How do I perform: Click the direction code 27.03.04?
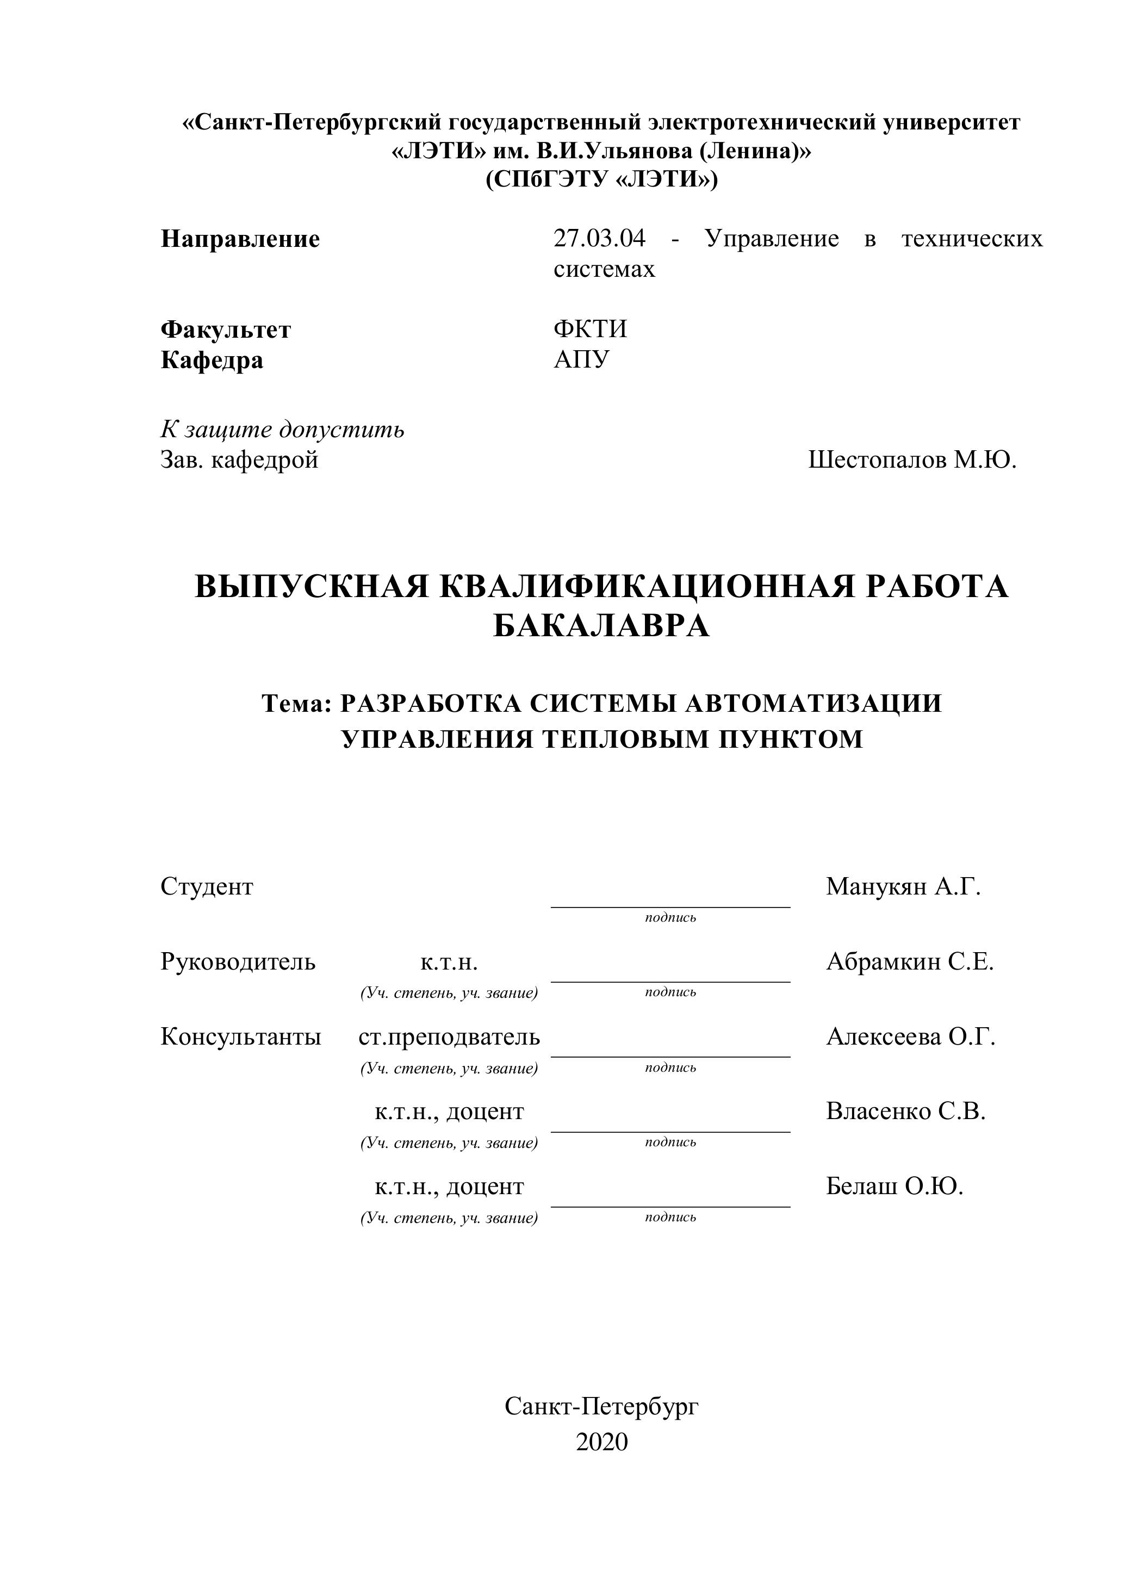point(599,239)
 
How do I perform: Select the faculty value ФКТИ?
point(590,329)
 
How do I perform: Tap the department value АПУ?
point(581,360)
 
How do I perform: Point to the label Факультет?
point(226,330)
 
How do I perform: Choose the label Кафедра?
point(212,361)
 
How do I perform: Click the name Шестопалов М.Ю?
point(912,460)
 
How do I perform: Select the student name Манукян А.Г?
point(903,886)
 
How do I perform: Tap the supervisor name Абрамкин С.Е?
point(909,962)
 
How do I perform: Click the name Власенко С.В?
point(905,1111)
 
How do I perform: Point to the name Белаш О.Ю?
point(895,1187)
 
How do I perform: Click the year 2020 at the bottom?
point(602,1441)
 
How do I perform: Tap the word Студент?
point(207,886)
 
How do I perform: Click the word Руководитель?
point(238,962)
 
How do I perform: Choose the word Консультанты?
point(241,1036)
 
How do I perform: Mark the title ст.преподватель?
point(449,1036)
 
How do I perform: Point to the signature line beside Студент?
point(670,906)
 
